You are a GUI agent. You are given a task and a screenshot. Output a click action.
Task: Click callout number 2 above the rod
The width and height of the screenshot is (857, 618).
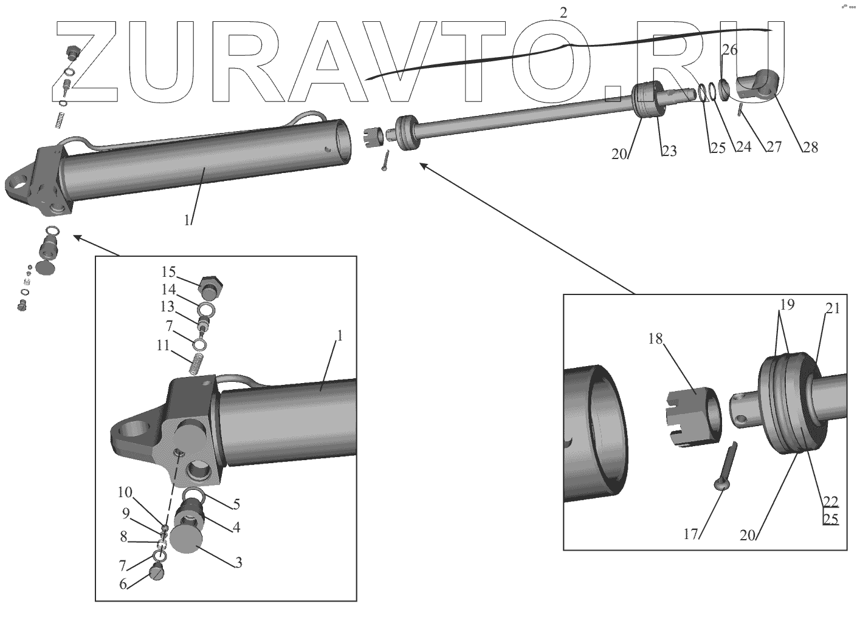click(x=564, y=12)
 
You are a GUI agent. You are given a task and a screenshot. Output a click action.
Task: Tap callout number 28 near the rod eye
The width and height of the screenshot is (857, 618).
click(x=810, y=147)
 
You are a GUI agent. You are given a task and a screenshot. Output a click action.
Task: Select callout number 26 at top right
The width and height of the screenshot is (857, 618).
click(x=730, y=50)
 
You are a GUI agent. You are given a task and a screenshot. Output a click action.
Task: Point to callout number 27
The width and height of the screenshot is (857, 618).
click(x=773, y=147)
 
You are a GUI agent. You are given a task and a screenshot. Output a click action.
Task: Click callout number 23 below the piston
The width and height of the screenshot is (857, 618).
click(x=669, y=151)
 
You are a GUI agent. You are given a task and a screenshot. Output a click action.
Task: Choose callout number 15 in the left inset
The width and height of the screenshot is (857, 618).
click(x=168, y=271)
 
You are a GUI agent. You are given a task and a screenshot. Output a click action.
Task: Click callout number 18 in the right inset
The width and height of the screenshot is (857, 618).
click(x=655, y=339)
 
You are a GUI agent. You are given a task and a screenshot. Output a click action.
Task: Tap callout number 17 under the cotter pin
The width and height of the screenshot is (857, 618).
click(x=690, y=534)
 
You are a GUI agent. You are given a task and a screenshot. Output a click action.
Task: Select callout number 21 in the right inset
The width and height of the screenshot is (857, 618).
click(x=832, y=309)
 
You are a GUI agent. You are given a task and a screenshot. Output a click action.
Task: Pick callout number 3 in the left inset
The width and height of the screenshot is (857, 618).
click(x=239, y=563)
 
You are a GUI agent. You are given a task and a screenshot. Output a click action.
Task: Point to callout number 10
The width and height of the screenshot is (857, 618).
click(x=125, y=491)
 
